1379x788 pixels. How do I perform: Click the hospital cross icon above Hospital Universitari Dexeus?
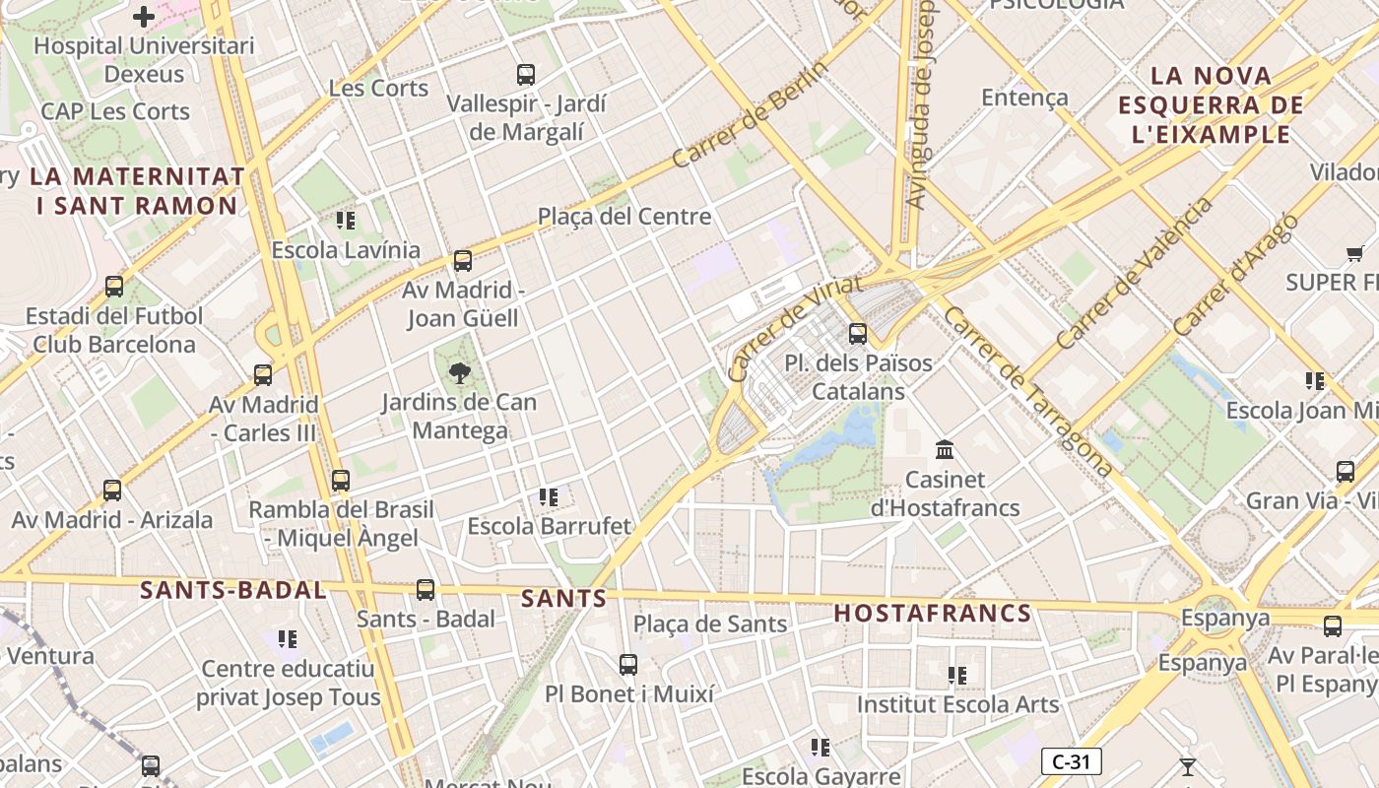tap(144, 17)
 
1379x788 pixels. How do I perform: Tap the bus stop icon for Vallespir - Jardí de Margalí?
tap(526, 74)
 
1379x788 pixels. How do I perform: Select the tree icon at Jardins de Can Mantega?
tap(459, 372)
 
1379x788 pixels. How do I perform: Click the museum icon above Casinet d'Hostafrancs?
tap(945, 450)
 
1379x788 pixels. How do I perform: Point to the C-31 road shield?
tap(1071, 761)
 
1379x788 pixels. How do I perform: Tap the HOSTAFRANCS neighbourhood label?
tap(933, 614)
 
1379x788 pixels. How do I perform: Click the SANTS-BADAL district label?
tap(232, 591)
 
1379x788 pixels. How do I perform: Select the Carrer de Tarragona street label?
tap(1027, 391)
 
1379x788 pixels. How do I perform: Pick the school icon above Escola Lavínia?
tap(345, 221)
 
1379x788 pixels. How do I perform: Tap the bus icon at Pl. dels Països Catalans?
tap(858, 333)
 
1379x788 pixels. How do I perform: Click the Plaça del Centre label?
tap(624, 216)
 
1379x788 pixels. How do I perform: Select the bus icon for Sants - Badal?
tap(426, 589)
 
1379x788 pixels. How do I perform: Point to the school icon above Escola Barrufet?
tap(549, 497)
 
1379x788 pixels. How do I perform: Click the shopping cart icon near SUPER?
tap(1355, 254)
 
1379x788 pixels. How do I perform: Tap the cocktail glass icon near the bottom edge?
tap(1188, 766)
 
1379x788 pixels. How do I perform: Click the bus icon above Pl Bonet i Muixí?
tap(628, 665)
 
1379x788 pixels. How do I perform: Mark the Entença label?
tap(1024, 98)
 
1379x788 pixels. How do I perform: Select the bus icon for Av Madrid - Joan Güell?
tap(463, 261)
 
